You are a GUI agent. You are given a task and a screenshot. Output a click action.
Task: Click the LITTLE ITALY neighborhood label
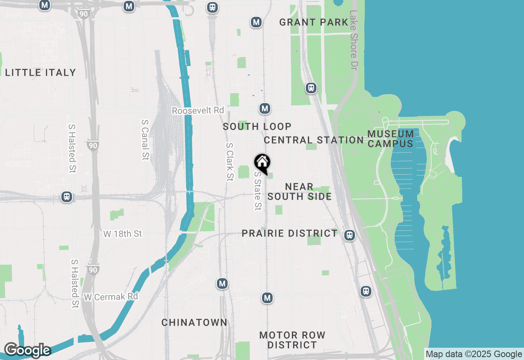tap(41, 73)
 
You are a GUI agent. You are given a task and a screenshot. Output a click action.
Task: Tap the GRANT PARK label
tap(314, 22)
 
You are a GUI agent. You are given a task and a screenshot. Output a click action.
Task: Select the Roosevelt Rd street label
tap(198, 111)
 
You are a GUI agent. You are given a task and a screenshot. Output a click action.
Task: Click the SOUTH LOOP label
tap(257, 127)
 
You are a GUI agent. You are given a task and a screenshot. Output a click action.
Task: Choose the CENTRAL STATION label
tap(314, 140)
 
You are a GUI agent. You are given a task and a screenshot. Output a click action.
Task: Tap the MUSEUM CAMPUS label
tap(390, 139)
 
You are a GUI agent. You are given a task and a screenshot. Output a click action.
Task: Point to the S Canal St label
tap(145, 140)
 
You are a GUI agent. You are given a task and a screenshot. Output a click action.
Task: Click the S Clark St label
tap(230, 162)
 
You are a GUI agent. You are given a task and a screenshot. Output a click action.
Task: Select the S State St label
tap(257, 191)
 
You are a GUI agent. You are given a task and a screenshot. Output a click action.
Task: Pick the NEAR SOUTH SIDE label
tap(300, 192)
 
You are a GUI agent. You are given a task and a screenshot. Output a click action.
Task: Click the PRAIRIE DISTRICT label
tap(289, 234)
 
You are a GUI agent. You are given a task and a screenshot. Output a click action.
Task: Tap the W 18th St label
tap(122, 234)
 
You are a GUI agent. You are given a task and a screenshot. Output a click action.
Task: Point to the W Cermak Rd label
tap(111, 297)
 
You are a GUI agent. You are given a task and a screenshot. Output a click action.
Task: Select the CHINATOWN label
tap(194, 323)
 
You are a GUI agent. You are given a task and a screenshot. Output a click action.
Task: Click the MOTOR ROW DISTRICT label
tap(292, 340)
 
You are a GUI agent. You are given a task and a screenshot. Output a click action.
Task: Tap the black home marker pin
tap(262, 162)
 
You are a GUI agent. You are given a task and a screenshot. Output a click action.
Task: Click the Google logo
tap(27, 351)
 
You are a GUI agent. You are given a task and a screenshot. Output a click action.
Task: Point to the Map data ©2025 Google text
tap(474, 354)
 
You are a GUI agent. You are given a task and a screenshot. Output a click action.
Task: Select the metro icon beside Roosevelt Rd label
tap(265, 108)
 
